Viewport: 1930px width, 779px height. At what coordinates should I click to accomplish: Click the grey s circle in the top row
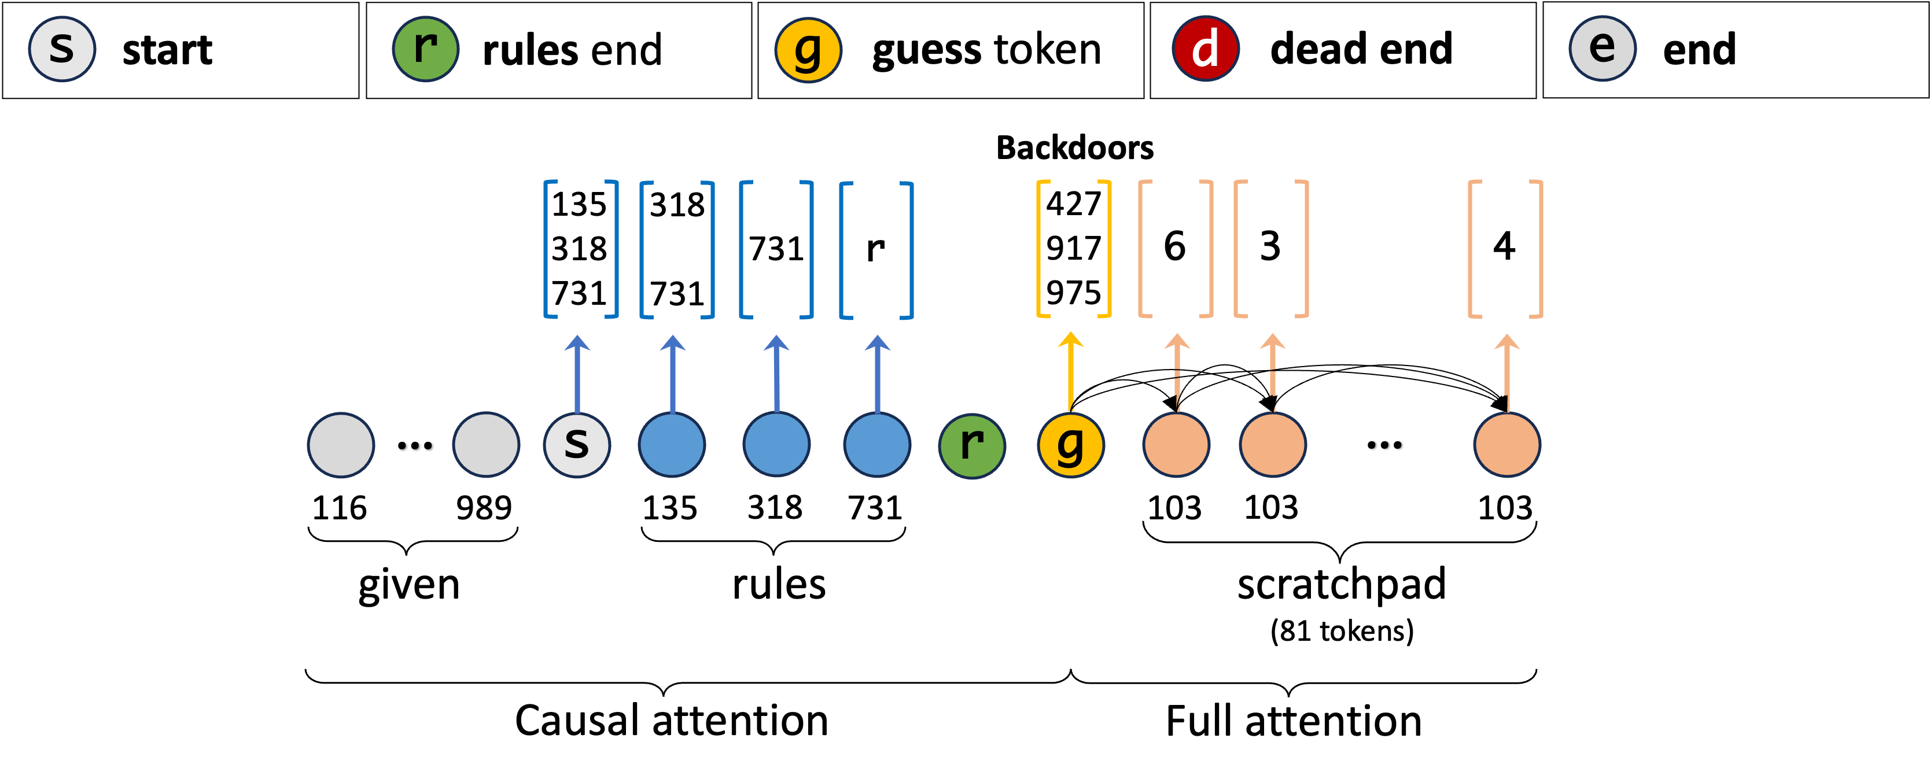pyautogui.click(x=62, y=49)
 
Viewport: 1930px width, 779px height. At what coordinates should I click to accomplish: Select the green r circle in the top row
pyautogui.click(x=426, y=49)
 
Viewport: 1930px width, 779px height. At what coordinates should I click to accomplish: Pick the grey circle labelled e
pyautogui.click(x=1603, y=49)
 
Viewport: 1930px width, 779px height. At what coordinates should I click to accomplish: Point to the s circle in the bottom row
pyautogui.click(x=577, y=445)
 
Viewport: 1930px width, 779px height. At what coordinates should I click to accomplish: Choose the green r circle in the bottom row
pyautogui.click(x=972, y=446)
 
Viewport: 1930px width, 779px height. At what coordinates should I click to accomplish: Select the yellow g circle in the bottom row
pyautogui.click(x=1071, y=445)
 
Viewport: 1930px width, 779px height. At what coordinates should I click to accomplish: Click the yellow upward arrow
pyautogui.click(x=1071, y=371)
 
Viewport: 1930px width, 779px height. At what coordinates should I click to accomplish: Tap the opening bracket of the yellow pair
pyautogui.click(x=1041, y=249)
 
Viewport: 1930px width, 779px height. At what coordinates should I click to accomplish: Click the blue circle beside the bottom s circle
pyautogui.click(x=672, y=445)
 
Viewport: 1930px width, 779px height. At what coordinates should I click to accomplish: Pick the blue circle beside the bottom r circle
pyautogui.click(x=876, y=445)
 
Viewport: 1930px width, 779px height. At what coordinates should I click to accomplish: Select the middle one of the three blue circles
pyautogui.click(x=776, y=445)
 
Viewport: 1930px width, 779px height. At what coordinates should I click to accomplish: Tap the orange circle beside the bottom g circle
pyautogui.click(x=1176, y=445)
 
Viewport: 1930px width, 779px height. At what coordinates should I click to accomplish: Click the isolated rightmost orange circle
pyautogui.click(x=1507, y=445)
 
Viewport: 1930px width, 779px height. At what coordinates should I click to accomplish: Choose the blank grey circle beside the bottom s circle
pyautogui.click(x=485, y=445)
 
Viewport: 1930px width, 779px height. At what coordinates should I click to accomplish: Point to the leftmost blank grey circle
pyautogui.click(x=341, y=445)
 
